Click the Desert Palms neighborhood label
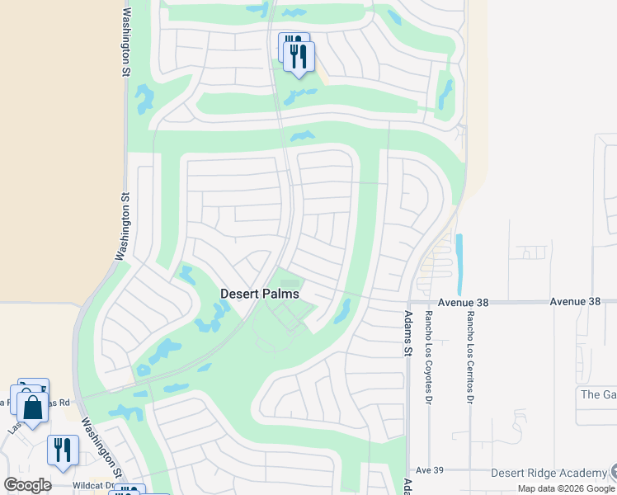(x=260, y=294)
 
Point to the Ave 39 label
(x=430, y=469)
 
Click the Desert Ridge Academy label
(x=549, y=473)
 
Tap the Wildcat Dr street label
(x=92, y=485)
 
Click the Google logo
(x=27, y=485)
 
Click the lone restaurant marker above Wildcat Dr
(x=63, y=450)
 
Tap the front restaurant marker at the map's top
(x=299, y=57)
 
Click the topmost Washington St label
(x=126, y=43)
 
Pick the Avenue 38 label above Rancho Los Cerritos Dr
(x=463, y=303)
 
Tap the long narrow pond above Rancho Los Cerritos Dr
(x=459, y=253)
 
